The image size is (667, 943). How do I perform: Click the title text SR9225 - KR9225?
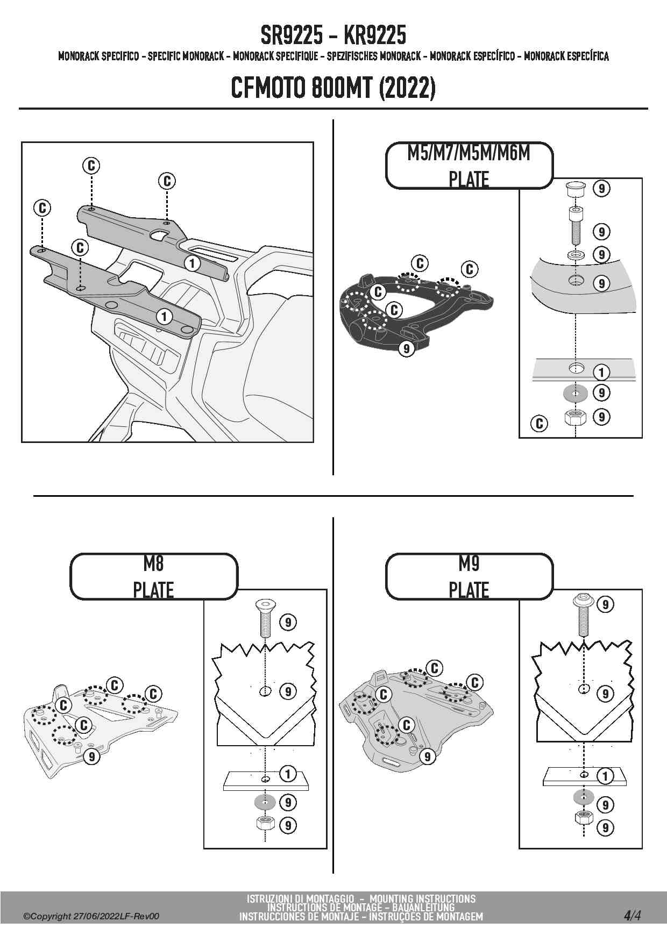coord(333,35)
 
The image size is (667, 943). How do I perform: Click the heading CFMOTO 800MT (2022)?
coord(333,88)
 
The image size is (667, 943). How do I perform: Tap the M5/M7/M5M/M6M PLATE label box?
coord(469,166)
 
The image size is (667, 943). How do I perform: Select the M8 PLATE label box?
coord(153,577)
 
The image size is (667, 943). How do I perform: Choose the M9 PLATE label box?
coord(469,577)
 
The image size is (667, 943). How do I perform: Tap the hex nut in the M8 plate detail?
coord(265,823)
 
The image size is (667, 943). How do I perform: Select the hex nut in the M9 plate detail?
coord(584,819)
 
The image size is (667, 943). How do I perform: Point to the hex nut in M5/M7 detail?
coord(575,417)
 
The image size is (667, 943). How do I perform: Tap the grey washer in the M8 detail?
coord(265,802)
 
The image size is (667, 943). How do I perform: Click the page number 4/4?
coord(632,915)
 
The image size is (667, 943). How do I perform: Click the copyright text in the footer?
coord(91,916)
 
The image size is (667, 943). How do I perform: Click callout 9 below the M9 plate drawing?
coord(427,757)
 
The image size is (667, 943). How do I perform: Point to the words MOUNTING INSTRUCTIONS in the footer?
coord(422,898)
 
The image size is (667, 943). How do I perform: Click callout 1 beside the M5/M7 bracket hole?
coord(601,372)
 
